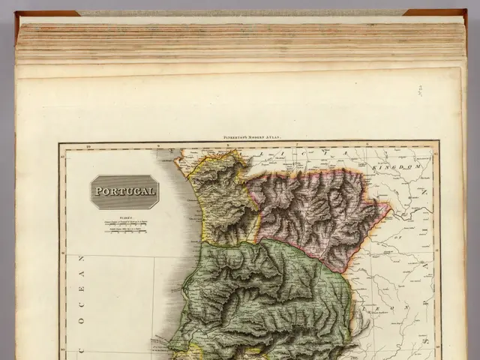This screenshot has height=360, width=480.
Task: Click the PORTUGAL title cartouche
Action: [124, 192]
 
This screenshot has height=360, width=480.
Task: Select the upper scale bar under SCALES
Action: [126, 220]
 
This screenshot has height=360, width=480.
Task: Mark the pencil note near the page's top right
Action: [420, 90]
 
